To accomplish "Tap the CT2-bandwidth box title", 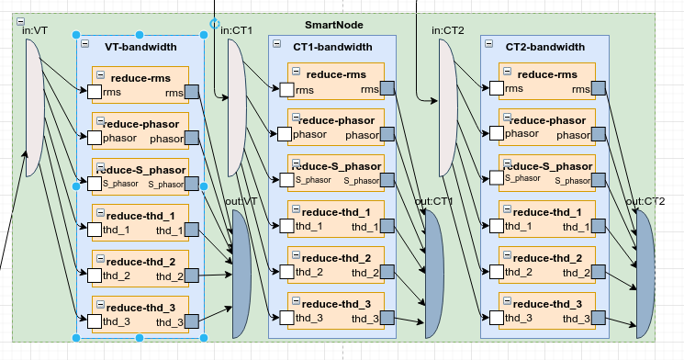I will [545, 47].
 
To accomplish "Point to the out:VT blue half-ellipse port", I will [241, 273].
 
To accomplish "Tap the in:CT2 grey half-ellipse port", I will [447, 107].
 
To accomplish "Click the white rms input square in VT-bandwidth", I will [94, 91].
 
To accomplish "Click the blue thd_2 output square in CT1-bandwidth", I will [387, 272].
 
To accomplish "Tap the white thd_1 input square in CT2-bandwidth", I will [497, 226].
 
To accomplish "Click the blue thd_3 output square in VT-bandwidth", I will [192, 321].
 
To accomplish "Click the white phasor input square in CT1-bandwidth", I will [285, 134].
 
